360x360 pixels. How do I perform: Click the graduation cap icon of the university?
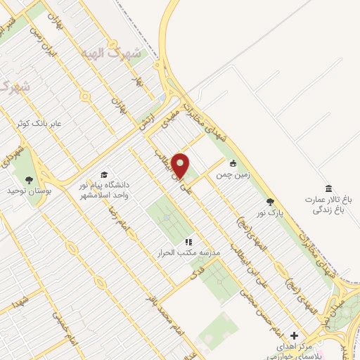[x=104, y=175]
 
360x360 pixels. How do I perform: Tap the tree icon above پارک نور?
[x=270, y=202]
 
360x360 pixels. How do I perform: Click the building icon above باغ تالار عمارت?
[x=328, y=188]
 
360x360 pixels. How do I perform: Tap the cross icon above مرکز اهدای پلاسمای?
[x=294, y=336]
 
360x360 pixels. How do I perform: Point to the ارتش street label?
[x=146, y=121]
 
